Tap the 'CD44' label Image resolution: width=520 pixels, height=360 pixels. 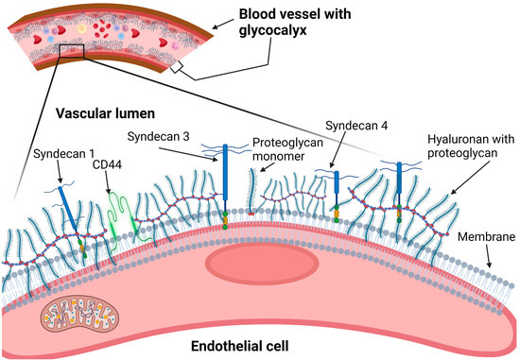pos(107,165)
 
